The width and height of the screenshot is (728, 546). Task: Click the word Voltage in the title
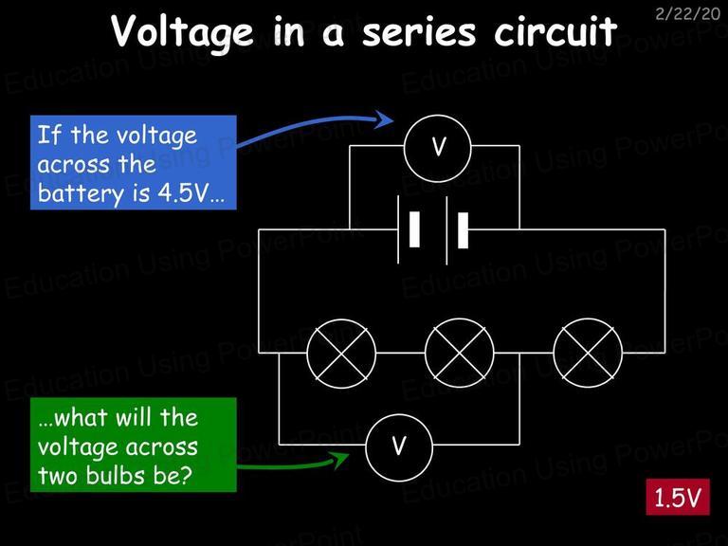coord(182,30)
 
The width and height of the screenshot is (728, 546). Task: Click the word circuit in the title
coord(555,30)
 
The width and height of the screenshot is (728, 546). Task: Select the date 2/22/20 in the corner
coord(687,13)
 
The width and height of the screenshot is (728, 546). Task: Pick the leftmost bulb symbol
coord(341,353)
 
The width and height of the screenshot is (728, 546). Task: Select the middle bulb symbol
coord(460,353)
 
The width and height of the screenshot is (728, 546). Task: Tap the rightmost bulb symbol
coord(588,353)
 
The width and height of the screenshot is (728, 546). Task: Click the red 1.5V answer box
coord(678,497)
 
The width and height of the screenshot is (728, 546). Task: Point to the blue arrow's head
coord(385,119)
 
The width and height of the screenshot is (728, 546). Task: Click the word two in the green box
coord(59,477)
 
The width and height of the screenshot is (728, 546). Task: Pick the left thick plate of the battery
coord(414,229)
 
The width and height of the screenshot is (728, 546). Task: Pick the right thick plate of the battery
coord(463,230)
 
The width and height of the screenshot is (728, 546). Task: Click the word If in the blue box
coord(49,135)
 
